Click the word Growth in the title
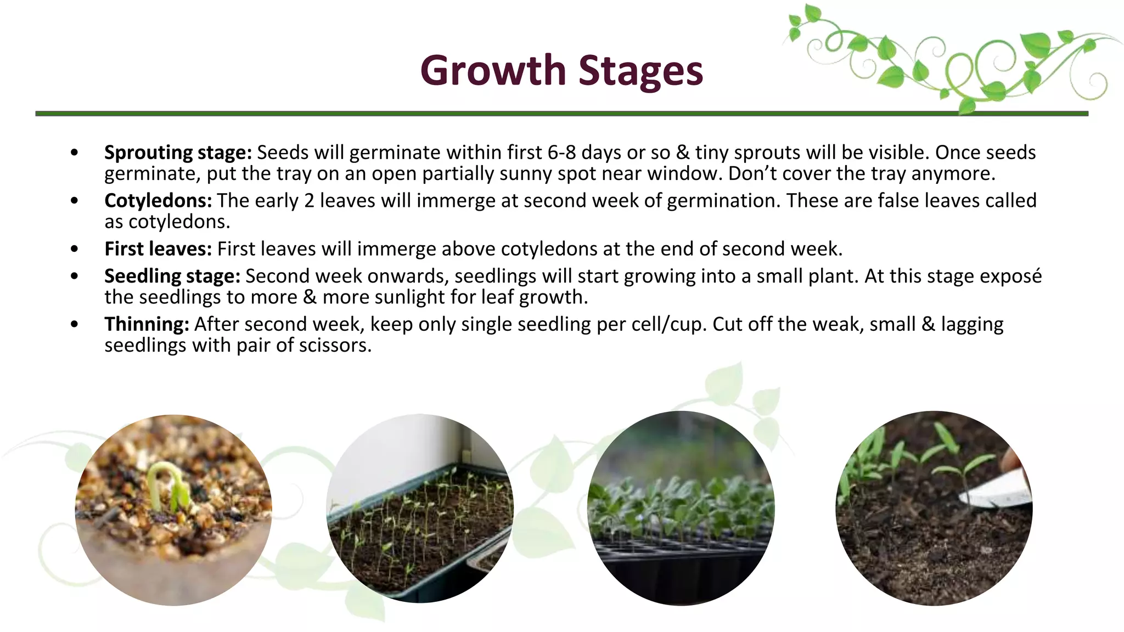click(492, 71)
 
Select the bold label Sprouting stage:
click(178, 153)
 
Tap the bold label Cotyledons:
click(158, 201)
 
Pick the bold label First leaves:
click(158, 249)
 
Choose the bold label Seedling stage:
click(172, 276)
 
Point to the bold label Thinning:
click(147, 324)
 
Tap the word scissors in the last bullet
click(333, 346)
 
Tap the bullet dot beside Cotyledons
click(75, 201)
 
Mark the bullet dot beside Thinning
click(75, 324)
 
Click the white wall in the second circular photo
click(384, 455)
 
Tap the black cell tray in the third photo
click(681, 571)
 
